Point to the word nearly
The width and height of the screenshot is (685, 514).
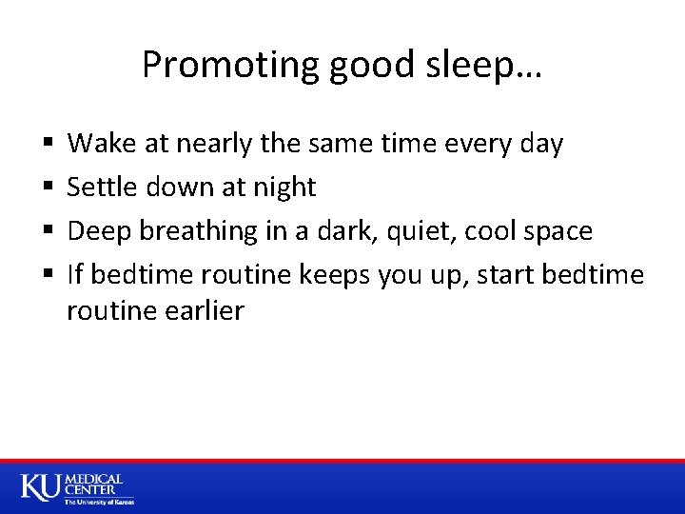pyautogui.click(x=211, y=145)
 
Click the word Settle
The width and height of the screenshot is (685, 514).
pyautogui.click(x=102, y=188)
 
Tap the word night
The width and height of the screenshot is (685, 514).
pyautogui.click(x=283, y=188)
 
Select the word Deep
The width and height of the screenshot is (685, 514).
pyautogui.click(x=97, y=231)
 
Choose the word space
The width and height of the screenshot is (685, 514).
pyautogui.click(x=557, y=231)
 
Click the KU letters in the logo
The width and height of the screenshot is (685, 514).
pyautogui.click(x=40, y=487)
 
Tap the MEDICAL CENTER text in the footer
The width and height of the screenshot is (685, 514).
pyautogui.click(x=92, y=484)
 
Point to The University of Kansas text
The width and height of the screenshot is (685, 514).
pyautogui.click(x=99, y=502)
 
